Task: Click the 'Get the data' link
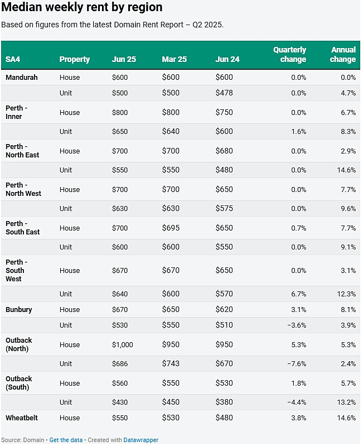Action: click(x=66, y=440)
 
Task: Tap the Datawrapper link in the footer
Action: click(x=141, y=440)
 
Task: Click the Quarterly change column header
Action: click(x=290, y=54)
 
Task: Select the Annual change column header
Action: click(x=343, y=54)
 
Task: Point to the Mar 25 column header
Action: click(x=175, y=59)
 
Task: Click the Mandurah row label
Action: click(x=22, y=78)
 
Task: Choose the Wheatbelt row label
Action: click(x=22, y=418)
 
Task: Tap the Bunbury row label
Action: click(x=19, y=309)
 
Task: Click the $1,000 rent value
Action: click(x=123, y=345)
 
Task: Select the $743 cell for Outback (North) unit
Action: click(x=171, y=363)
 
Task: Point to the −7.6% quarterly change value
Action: click(x=297, y=364)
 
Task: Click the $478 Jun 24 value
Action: click(x=224, y=93)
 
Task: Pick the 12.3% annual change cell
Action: click(x=346, y=294)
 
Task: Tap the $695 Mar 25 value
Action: click(x=171, y=228)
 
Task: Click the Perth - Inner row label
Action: click(x=17, y=112)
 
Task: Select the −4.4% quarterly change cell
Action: click(x=297, y=402)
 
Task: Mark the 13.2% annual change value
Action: click(x=346, y=402)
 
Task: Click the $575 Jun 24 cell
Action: click(x=224, y=209)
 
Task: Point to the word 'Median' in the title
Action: click(x=22, y=7)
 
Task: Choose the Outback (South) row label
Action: click(x=19, y=383)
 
